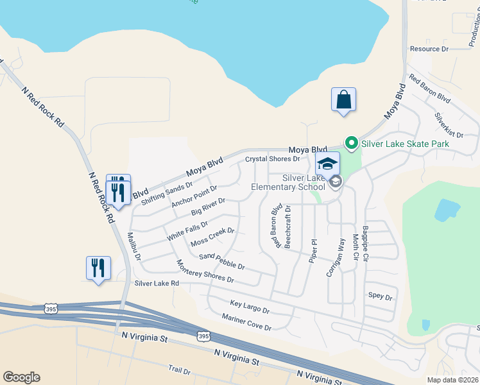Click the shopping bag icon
click(x=344, y=100)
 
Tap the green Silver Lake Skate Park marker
click(x=351, y=143)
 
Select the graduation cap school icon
click(x=327, y=164)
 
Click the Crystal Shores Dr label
click(x=273, y=158)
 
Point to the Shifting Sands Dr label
click(x=167, y=193)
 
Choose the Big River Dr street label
click(x=209, y=207)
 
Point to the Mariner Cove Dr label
click(x=246, y=322)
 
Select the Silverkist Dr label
click(x=449, y=124)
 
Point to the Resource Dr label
click(x=429, y=49)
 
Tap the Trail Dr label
click(x=179, y=370)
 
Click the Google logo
click(x=21, y=377)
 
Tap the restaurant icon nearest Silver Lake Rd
click(x=98, y=268)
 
